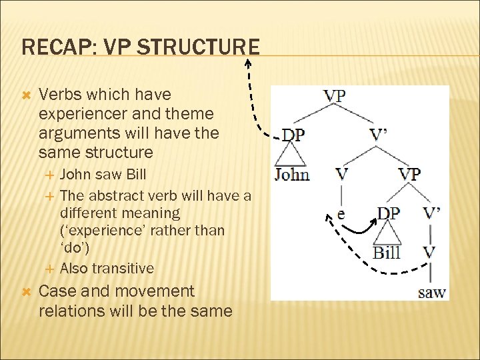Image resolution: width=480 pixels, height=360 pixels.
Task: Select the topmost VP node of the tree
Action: (x=335, y=95)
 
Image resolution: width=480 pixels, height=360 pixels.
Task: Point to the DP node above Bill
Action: (x=389, y=213)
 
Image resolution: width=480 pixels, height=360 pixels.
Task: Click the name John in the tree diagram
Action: (x=292, y=175)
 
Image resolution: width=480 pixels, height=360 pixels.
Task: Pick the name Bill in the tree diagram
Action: (x=387, y=253)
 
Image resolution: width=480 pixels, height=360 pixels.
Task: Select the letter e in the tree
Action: (x=341, y=215)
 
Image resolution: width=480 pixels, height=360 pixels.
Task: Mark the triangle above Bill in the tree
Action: (x=387, y=233)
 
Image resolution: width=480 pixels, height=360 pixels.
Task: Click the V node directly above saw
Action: (x=431, y=253)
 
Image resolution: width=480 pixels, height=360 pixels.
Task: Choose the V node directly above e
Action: (x=341, y=174)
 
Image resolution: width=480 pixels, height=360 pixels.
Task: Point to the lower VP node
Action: (x=409, y=174)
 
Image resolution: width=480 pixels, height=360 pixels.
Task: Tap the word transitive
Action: (x=123, y=269)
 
